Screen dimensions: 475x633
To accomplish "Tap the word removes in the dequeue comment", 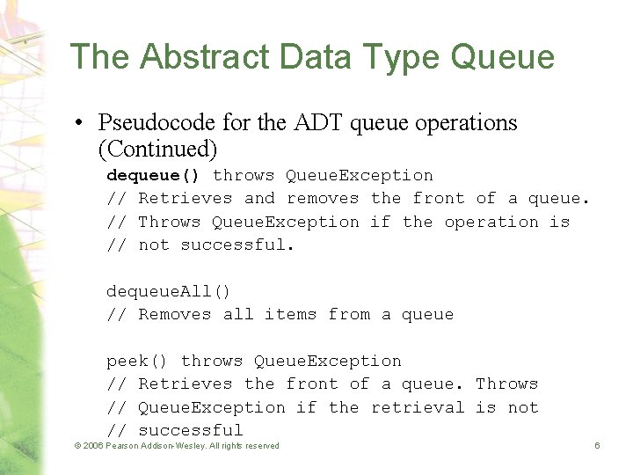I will click(x=323, y=199).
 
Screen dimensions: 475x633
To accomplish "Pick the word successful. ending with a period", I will click(x=237, y=245).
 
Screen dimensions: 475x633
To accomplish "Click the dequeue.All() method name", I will click(x=168, y=291).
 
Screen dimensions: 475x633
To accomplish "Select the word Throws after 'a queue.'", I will click(x=506, y=384).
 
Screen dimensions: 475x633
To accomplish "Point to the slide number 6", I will click(x=597, y=446).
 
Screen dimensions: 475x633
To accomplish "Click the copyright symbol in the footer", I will click(x=76, y=446).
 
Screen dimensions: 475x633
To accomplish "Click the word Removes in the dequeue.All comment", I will click(x=175, y=314).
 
